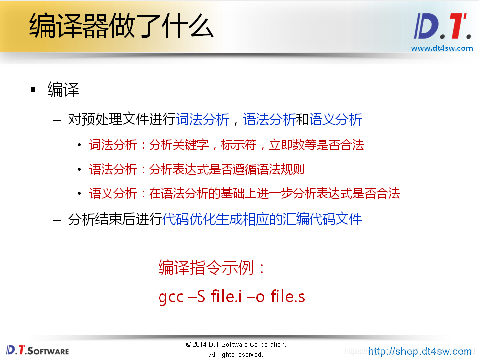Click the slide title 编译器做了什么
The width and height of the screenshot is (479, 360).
click(x=121, y=26)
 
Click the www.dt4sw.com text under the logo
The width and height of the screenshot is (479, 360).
click(x=441, y=48)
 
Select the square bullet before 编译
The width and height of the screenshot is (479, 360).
click(x=33, y=90)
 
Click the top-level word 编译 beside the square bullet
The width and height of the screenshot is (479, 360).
click(x=63, y=90)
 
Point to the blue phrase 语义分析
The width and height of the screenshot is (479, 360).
click(x=335, y=120)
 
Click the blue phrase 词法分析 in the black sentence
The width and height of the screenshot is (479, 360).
click(x=203, y=120)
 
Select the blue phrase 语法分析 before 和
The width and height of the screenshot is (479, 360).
click(x=269, y=120)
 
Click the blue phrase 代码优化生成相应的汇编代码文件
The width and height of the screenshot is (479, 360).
click(x=262, y=219)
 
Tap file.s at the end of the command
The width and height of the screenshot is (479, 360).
click(x=288, y=297)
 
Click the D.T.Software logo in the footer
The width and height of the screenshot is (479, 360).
click(x=38, y=350)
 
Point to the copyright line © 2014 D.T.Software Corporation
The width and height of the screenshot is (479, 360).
click(x=236, y=345)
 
